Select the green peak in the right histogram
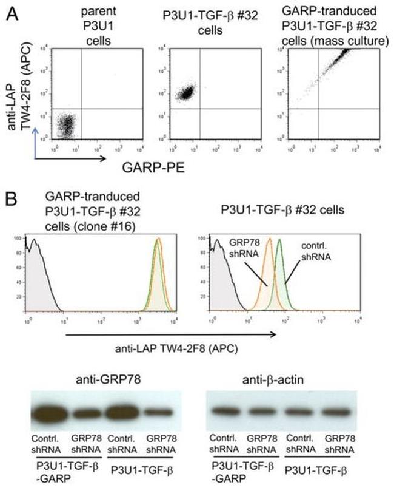tap(280, 273)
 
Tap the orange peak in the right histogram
tap(269, 273)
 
